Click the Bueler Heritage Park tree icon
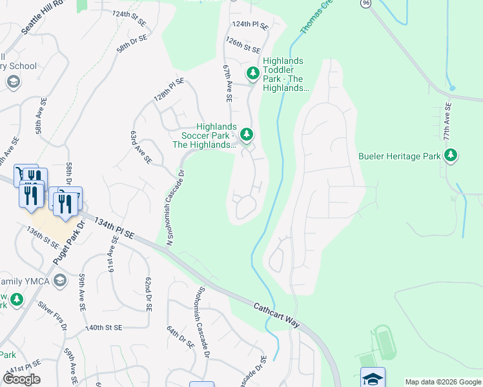[451, 155]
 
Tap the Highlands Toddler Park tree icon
[252, 73]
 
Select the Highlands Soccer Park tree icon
[245, 134]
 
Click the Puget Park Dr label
[67, 246]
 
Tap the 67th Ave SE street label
[227, 83]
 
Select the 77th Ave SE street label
[446, 121]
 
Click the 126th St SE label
[243, 48]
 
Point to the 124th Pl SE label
[250, 24]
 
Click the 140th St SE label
[105, 328]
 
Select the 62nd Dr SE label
[147, 294]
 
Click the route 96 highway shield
[366, 3]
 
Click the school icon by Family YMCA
[60, 280]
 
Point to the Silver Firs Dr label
[52, 315]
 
